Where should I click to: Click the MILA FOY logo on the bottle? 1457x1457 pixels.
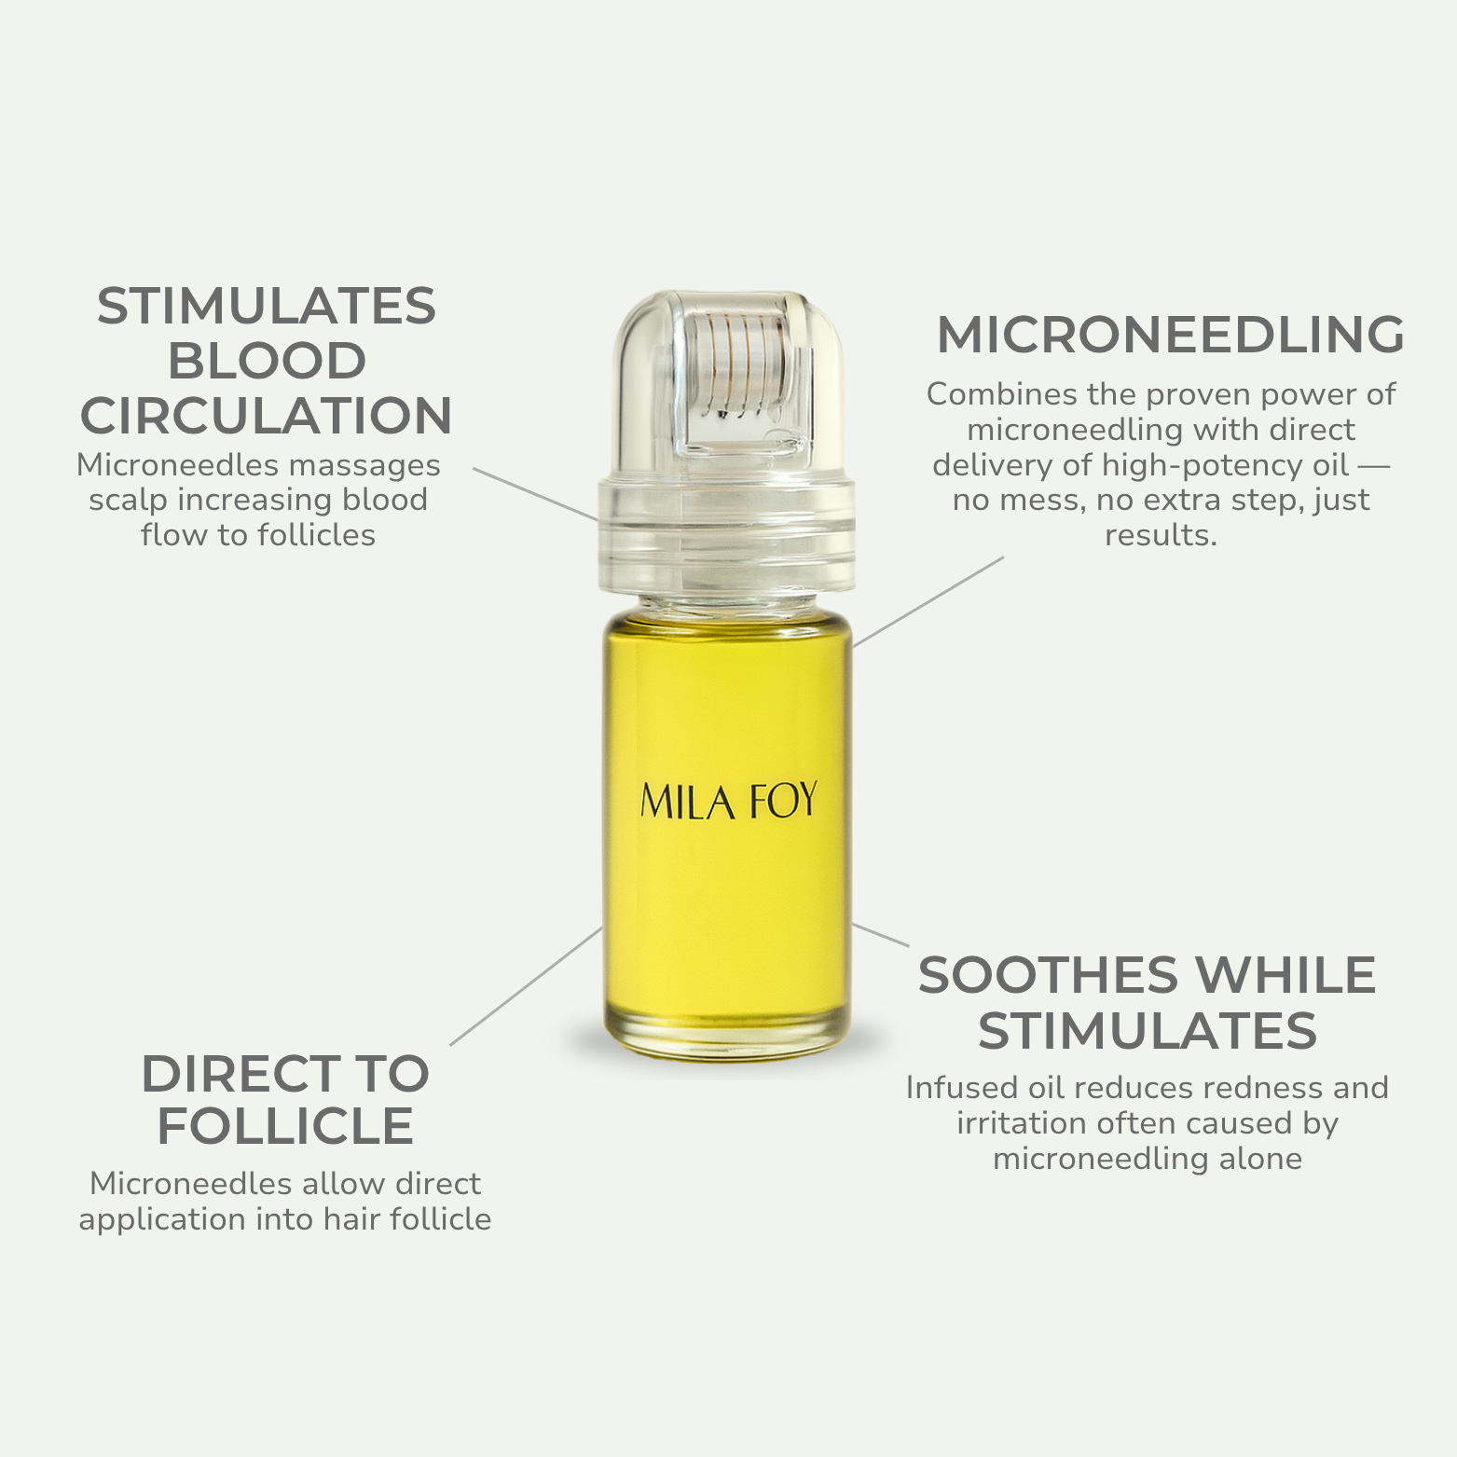(729, 802)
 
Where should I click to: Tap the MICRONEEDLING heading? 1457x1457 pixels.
(1171, 335)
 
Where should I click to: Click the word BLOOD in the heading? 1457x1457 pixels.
(267, 361)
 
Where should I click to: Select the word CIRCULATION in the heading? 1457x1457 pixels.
(267, 416)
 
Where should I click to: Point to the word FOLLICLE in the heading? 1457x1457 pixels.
(285, 1126)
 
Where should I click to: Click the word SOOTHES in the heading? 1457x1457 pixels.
(1049, 976)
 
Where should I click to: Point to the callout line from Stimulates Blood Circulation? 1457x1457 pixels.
(536, 494)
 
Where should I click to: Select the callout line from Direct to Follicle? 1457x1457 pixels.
(527, 985)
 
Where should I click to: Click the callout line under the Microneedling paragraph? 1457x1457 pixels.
(928, 601)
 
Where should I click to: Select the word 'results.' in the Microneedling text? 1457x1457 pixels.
(1161, 535)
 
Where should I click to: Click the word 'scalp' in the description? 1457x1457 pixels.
(129, 501)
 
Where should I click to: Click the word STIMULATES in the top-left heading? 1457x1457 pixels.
(267, 306)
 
